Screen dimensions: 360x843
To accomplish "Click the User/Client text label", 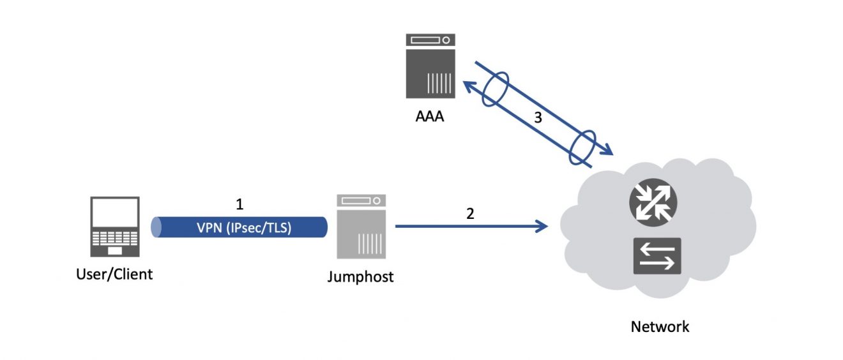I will tap(114, 274).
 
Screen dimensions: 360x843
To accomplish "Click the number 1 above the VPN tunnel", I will tap(240, 205).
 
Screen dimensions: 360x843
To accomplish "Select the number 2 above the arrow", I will tap(471, 214).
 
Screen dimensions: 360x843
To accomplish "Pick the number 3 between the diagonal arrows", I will tap(538, 117).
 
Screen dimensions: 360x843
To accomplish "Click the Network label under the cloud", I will tap(660, 327).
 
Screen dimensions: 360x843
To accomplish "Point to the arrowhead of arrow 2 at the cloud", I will tap(544, 226).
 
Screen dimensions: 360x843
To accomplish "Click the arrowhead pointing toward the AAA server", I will tap(467, 86).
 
